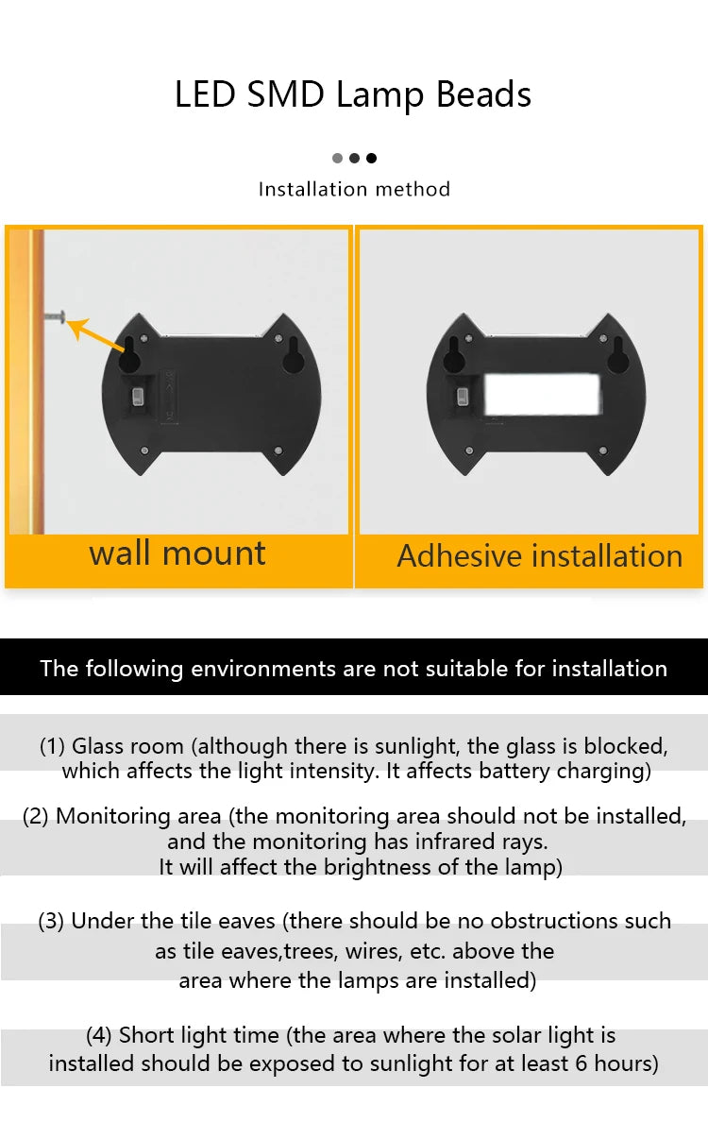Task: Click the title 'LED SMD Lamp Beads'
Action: coord(353,95)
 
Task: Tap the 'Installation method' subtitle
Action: coord(354,189)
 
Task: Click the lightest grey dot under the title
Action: coord(337,158)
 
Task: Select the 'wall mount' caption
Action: coord(177,553)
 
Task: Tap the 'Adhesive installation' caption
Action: coord(539,556)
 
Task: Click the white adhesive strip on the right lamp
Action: coord(542,395)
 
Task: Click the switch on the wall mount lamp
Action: coord(140,395)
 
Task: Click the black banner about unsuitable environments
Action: coord(354,668)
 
